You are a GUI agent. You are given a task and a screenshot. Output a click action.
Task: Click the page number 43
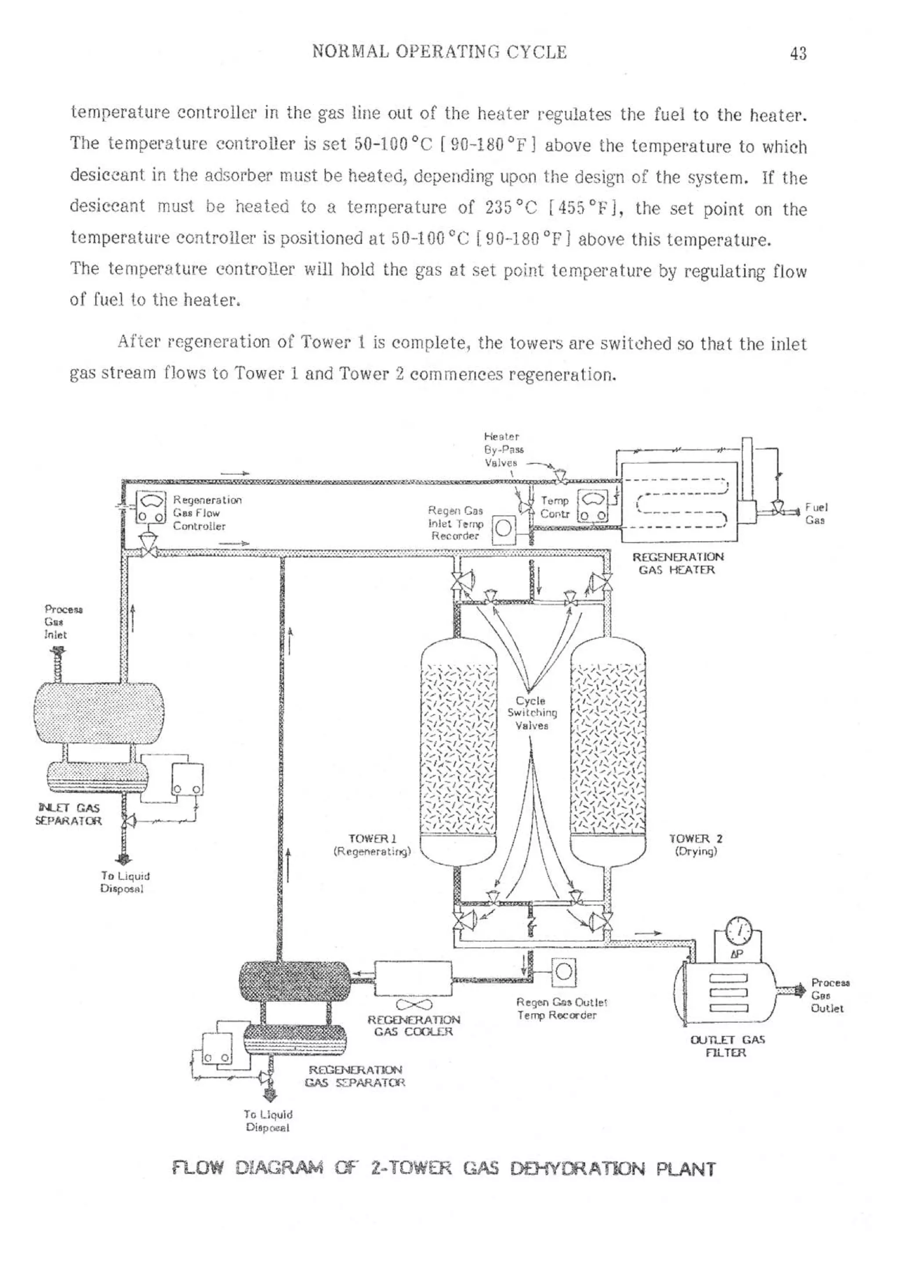(798, 54)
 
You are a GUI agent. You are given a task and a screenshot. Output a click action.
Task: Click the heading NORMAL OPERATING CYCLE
(439, 52)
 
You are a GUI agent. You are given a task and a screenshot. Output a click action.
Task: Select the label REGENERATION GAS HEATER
(678, 563)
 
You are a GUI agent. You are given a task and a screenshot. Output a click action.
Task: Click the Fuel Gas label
(815, 513)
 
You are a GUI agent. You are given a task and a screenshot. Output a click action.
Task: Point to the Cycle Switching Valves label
(531, 713)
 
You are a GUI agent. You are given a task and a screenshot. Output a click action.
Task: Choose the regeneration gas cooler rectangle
(414, 978)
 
